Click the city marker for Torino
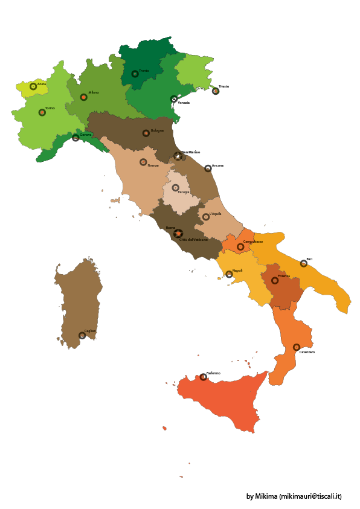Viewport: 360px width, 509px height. point(42,112)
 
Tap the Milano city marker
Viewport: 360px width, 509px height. point(83,97)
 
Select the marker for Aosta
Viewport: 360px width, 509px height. point(33,86)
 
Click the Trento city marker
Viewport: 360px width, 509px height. point(135,74)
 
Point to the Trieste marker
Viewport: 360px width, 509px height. point(216,91)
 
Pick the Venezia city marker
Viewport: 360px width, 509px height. point(174,99)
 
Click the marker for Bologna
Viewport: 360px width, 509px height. point(146,133)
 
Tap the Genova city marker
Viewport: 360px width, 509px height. point(76,138)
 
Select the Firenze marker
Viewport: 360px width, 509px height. point(143,162)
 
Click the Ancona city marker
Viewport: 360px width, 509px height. point(208,168)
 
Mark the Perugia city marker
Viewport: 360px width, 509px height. point(175,188)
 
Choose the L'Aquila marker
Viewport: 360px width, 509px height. point(205,217)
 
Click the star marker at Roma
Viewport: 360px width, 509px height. point(178,233)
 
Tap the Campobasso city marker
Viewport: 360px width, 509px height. point(240,247)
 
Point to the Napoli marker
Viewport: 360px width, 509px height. point(229,274)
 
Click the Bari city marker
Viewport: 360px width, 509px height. point(304,263)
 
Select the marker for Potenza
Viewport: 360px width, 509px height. point(275,281)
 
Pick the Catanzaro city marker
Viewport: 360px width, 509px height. point(297,347)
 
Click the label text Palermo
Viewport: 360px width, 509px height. point(213,373)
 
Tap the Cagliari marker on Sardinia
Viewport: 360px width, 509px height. point(82,336)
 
